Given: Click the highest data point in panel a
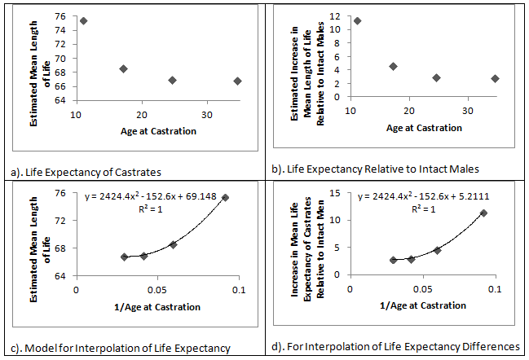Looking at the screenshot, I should [x=83, y=20].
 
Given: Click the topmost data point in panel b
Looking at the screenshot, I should [x=357, y=20].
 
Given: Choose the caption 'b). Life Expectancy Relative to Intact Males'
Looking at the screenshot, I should [x=377, y=169].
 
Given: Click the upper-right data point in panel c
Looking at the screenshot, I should [x=225, y=197].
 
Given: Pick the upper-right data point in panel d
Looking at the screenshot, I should [x=483, y=213].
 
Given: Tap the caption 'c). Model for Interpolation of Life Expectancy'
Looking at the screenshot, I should [x=118, y=348].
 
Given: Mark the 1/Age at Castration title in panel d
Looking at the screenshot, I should [x=425, y=306].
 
